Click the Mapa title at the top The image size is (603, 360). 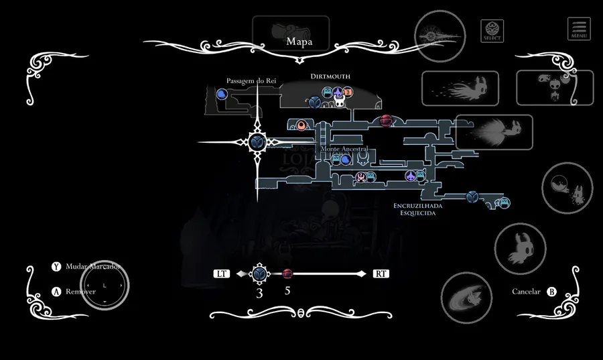coord(299,42)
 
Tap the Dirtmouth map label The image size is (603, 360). coord(330,76)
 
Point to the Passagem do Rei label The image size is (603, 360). coord(251,81)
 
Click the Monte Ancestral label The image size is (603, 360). coord(344,149)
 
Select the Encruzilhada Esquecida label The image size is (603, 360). coord(419,208)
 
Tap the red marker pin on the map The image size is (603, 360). coord(386,121)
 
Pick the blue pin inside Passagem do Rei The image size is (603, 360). coord(221,95)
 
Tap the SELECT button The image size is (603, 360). coord(492,30)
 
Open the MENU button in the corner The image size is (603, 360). coord(579,28)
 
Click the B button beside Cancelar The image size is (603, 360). coord(551,292)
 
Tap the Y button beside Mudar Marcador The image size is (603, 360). coord(56,266)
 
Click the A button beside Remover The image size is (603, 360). coord(56,292)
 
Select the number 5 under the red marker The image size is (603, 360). coord(287,292)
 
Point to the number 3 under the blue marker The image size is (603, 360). coord(259,293)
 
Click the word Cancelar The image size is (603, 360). coord(526,292)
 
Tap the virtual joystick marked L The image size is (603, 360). coord(104,285)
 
